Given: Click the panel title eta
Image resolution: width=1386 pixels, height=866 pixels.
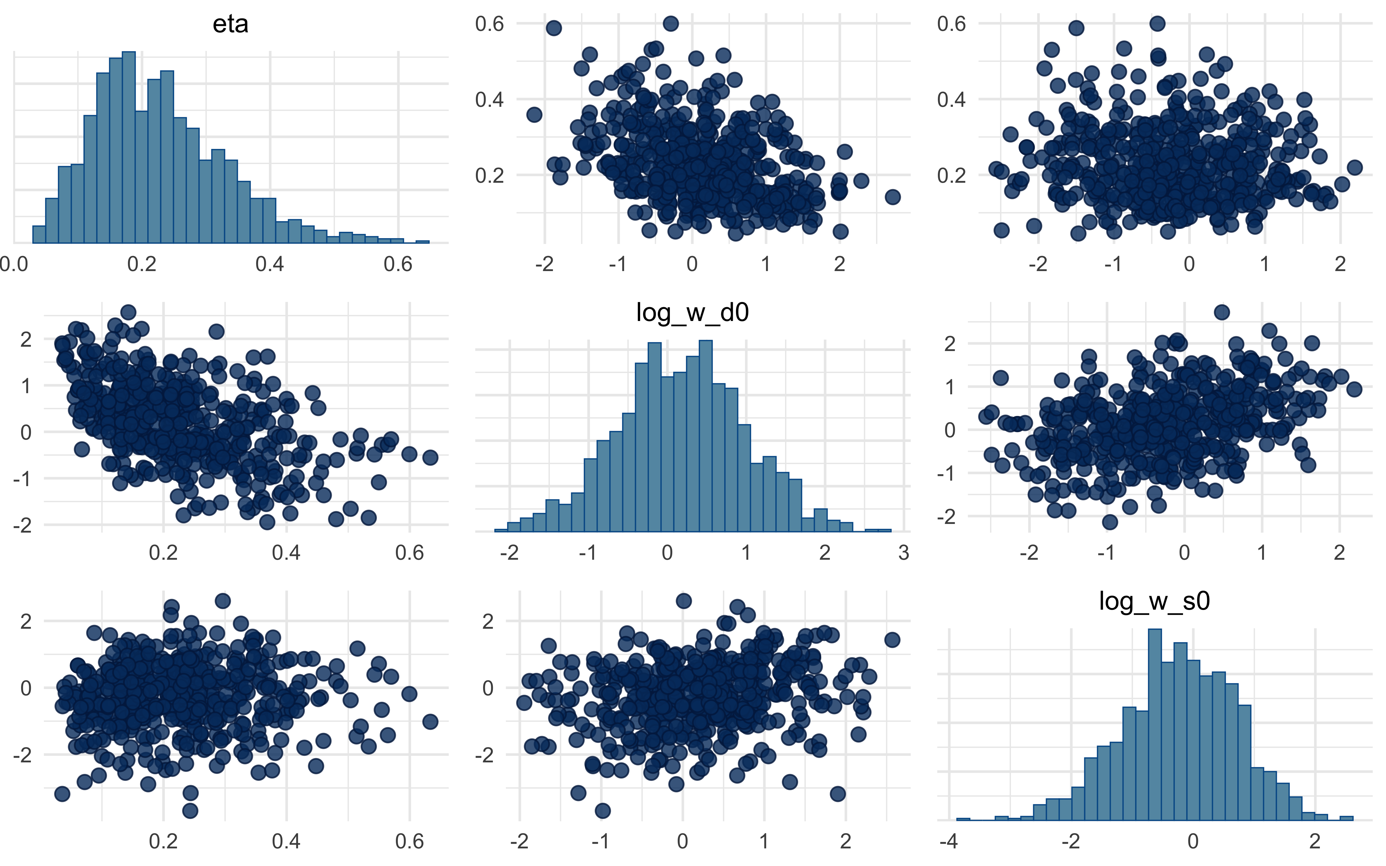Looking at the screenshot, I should pos(230,24).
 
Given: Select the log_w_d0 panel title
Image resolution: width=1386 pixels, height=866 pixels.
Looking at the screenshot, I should pos(692,313).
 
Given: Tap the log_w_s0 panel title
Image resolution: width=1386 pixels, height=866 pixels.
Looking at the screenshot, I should pos(1154,601).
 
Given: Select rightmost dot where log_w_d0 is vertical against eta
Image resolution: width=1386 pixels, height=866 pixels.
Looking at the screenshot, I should pos(430,457).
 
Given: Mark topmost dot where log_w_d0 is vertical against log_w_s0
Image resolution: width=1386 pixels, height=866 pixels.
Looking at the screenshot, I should pos(1222,312).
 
